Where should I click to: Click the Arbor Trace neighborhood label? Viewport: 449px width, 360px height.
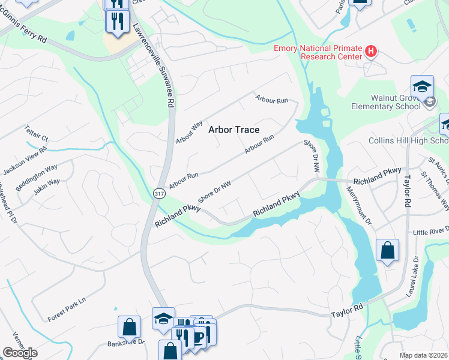[234, 129]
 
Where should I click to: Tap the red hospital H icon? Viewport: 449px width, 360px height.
[371, 52]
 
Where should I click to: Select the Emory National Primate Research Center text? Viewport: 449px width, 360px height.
[318, 52]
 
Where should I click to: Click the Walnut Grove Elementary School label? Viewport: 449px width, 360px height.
[386, 102]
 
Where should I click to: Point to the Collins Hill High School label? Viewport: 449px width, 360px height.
[408, 140]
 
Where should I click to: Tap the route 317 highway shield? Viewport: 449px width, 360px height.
[159, 193]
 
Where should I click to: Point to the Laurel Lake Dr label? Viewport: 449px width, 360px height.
[415, 274]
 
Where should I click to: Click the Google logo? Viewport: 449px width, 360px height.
[20, 353]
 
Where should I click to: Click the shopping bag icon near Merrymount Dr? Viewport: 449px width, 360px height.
[387, 250]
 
